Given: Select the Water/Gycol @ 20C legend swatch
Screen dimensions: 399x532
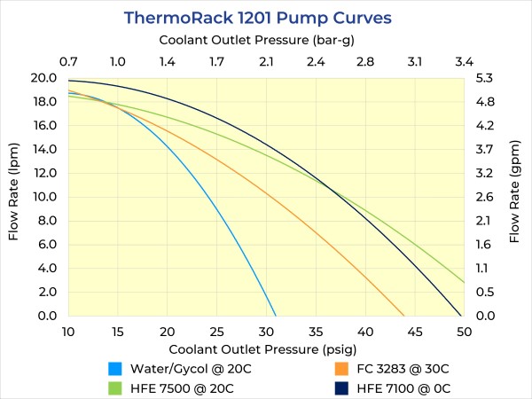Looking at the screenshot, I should pos(114,368).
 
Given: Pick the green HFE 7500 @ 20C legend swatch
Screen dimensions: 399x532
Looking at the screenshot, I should pos(114,387).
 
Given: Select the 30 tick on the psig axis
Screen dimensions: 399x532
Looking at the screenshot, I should pos(266,331).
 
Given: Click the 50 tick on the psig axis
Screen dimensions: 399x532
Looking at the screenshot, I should pos(464,331).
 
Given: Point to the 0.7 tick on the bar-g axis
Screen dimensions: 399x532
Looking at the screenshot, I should pos(68,62).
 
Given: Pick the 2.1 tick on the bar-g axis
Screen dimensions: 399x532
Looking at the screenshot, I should pos(266,62).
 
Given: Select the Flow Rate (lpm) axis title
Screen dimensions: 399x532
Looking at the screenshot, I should pos(14,197).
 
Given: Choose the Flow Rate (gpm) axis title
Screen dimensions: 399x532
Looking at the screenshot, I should pos(515,197).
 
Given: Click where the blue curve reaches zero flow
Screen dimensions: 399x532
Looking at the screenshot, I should pos(276,316).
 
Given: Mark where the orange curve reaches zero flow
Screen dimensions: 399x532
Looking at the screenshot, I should pos(404,316).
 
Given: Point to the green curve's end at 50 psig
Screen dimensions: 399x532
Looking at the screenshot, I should pos(464,282).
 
